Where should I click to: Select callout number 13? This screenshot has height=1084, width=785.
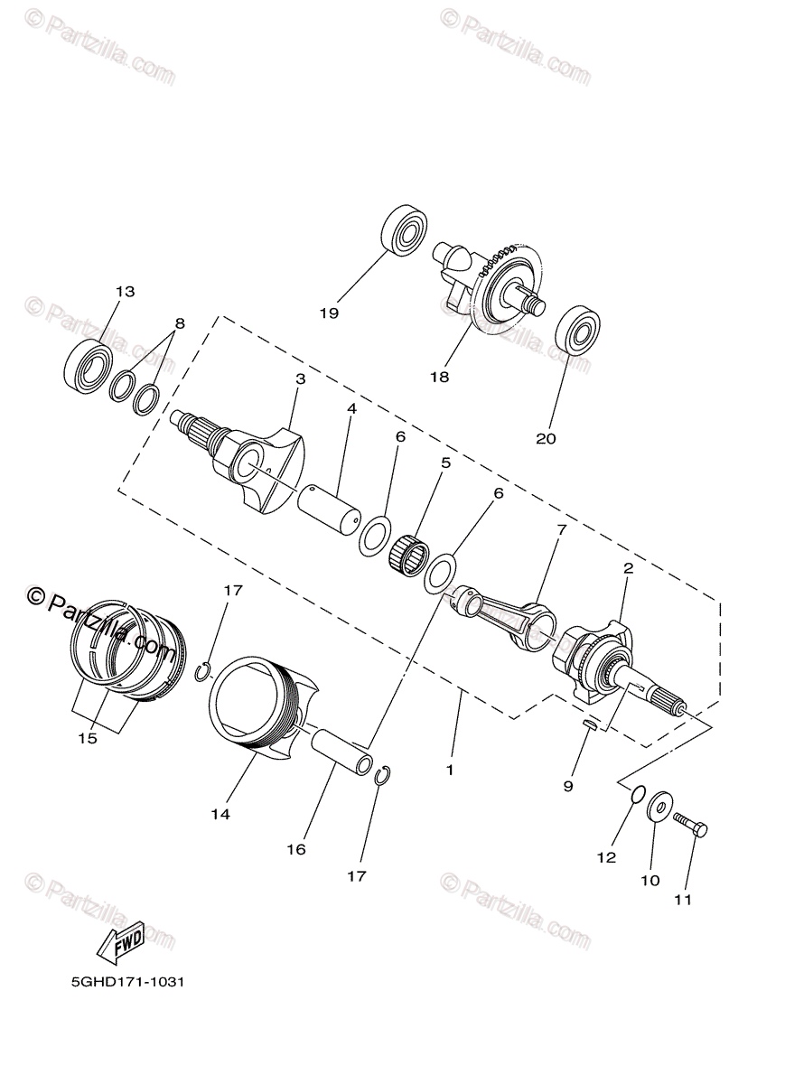pos(125,292)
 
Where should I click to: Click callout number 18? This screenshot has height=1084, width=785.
pos(440,377)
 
